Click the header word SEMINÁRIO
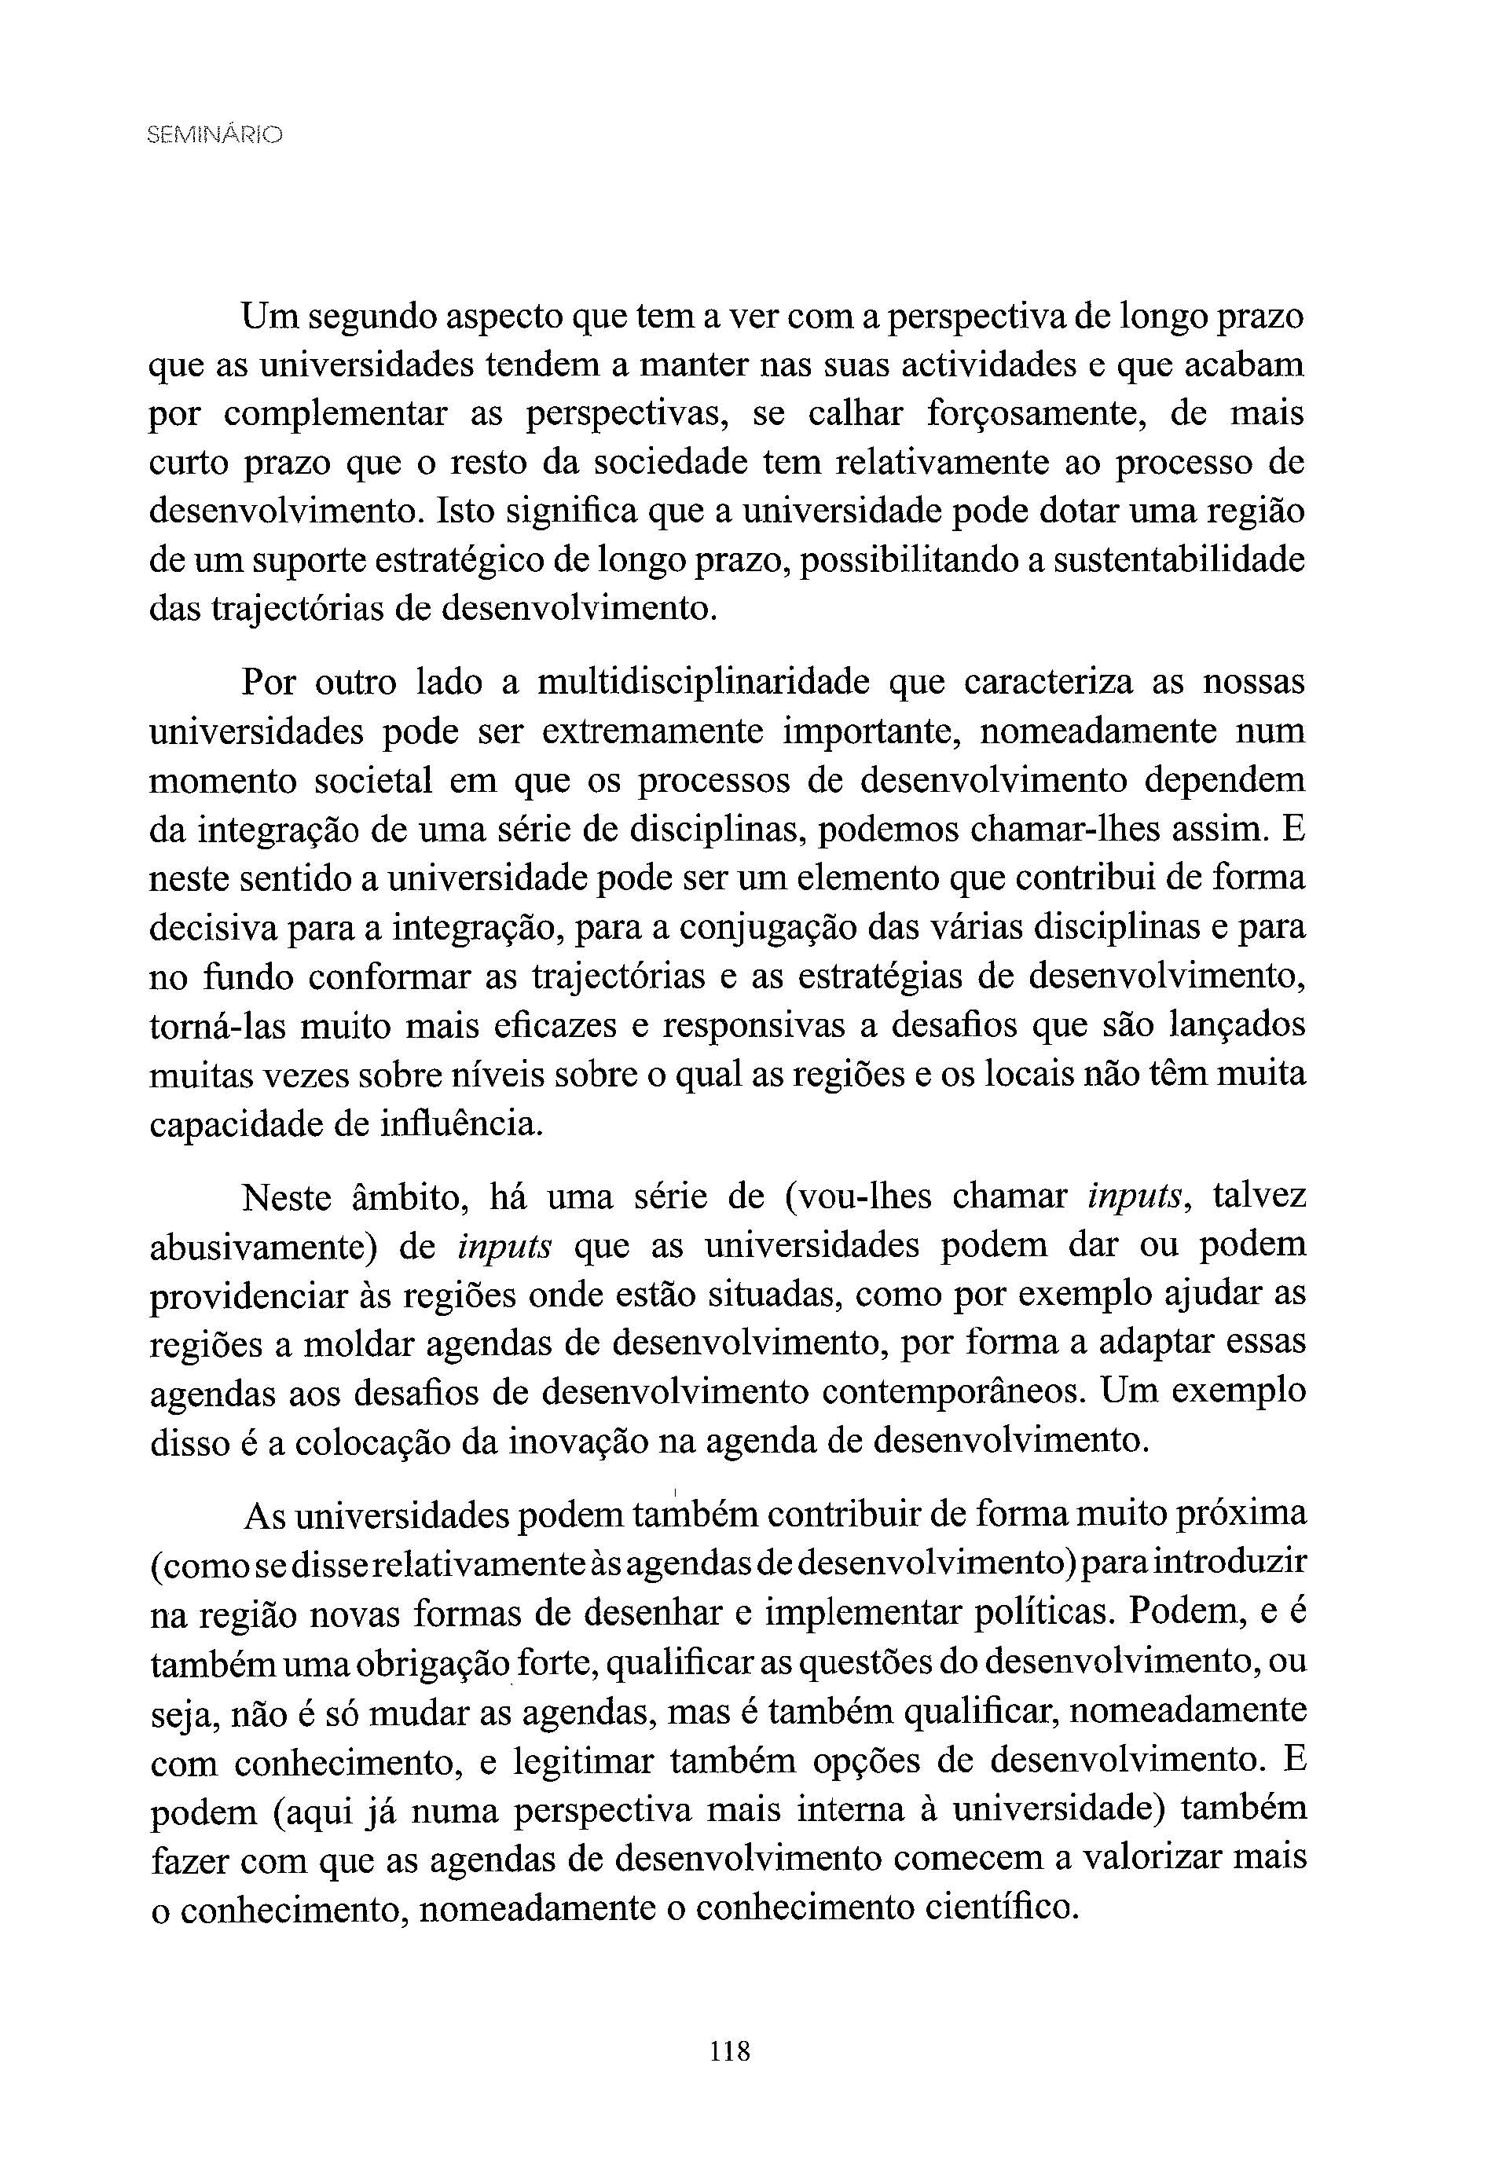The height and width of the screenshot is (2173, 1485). point(214,136)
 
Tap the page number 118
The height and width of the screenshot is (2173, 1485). point(729,2052)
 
